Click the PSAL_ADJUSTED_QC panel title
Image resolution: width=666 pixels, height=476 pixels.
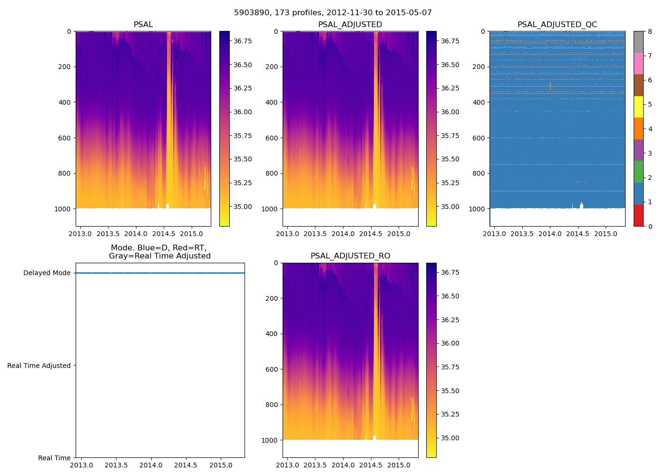557,25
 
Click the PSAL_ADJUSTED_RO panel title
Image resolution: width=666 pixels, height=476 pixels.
350,256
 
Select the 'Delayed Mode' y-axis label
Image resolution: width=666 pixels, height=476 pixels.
47,273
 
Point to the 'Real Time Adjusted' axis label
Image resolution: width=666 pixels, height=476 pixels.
39,366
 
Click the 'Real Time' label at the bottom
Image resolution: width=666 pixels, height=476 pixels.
54,458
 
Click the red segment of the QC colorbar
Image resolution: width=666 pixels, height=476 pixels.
638,215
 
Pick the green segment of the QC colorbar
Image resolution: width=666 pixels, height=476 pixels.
638,172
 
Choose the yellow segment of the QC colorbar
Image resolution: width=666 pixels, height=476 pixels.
638,107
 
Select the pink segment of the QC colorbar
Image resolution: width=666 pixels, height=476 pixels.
638,63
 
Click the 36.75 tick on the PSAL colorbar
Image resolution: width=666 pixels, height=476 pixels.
243,41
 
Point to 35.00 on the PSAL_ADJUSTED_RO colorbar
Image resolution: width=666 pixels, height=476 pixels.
450,438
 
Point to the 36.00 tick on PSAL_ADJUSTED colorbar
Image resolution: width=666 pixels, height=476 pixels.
450,112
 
